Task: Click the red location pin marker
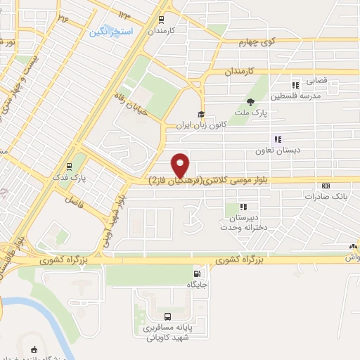[x=181, y=165]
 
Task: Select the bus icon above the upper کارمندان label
[x=162, y=20]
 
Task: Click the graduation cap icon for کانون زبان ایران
[x=201, y=114]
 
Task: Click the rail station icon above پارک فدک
[x=69, y=167]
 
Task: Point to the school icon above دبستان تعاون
[x=277, y=139]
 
